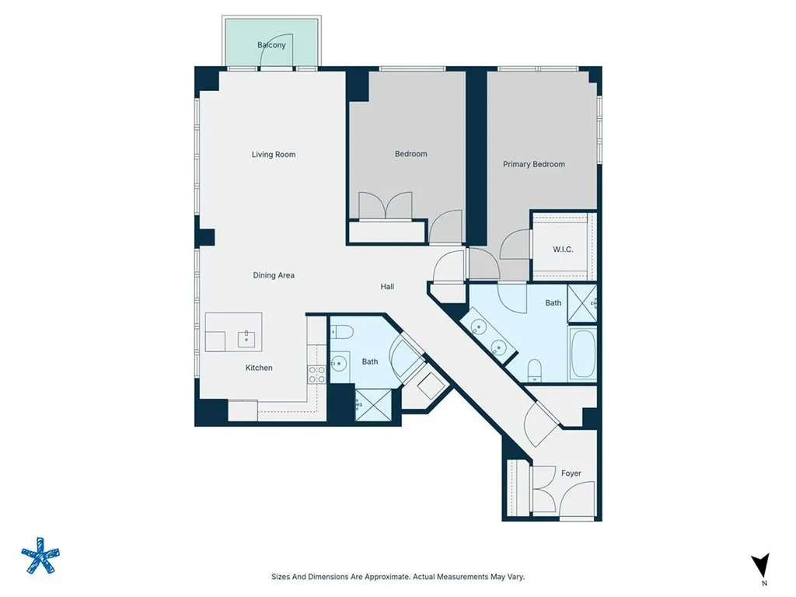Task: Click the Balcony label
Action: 271,44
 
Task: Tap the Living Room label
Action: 274,155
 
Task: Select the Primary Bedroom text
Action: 533,164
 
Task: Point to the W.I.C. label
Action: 563,250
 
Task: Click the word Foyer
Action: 571,473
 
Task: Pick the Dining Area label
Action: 274,275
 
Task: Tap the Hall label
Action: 387,286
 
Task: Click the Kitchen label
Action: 259,368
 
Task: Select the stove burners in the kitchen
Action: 317,374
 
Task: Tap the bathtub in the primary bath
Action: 582,354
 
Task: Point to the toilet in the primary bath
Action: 535,370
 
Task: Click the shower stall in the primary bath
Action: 581,304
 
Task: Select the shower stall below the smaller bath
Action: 373,404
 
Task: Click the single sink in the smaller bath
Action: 339,364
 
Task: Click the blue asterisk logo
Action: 40,555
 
